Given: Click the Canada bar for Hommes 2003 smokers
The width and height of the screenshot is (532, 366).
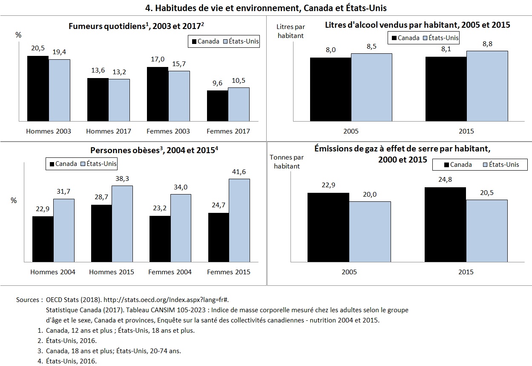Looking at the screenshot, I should click(38, 88).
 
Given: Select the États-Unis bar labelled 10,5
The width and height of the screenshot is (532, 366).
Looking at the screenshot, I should click(239, 104).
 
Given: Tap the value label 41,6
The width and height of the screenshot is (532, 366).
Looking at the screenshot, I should click(239, 171).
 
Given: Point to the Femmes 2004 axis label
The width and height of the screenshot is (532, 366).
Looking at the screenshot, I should click(170, 272).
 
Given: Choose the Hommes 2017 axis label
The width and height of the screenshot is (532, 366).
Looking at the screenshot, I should click(109, 131).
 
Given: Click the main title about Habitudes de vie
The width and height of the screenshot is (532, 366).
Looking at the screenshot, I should click(266, 8).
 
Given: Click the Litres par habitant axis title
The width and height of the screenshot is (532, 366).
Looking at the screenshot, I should click(290, 31).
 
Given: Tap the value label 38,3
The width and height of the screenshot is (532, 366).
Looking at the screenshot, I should click(122, 178).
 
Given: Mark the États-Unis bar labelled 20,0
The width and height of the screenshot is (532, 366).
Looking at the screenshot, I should click(370, 231).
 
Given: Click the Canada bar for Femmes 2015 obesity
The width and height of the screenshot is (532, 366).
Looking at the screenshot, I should click(219, 237).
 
